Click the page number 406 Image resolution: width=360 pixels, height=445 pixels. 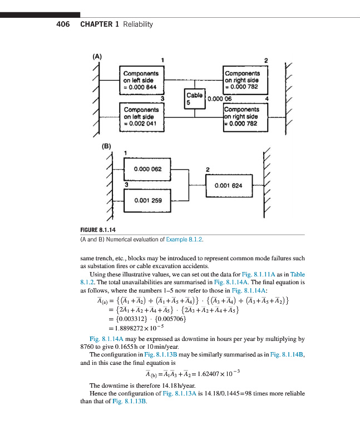tap(62, 24)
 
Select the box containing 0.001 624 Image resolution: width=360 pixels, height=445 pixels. tap(228, 185)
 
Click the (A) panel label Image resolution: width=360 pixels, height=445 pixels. tap(97, 56)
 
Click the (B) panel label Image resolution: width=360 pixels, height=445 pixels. tap(106, 146)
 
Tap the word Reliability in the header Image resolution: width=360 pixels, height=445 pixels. tap(137, 24)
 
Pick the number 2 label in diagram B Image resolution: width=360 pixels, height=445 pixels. tap(207, 169)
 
